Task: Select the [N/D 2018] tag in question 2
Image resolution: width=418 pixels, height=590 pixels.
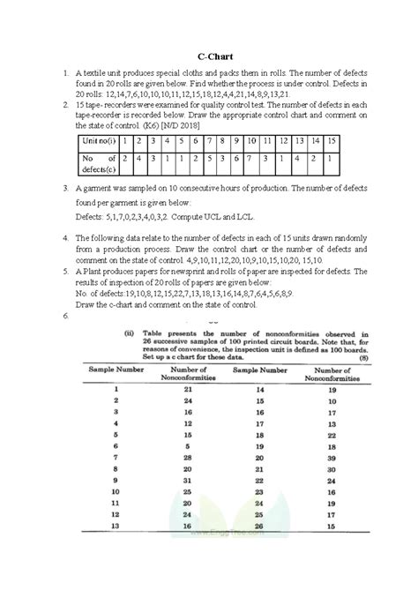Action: pyautogui.click(x=180, y=126)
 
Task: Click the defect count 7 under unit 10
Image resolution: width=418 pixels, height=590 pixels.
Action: pyautogui.click(x=253, y=160)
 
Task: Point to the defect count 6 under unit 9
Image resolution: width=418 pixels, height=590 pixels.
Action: pyautogui.click(x=236, y=160)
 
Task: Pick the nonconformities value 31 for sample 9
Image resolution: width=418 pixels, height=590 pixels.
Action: pyautogui.click(x=187, y=481)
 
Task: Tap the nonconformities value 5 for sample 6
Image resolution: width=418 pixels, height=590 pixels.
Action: pyautogui.click(x=187, y=446)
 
